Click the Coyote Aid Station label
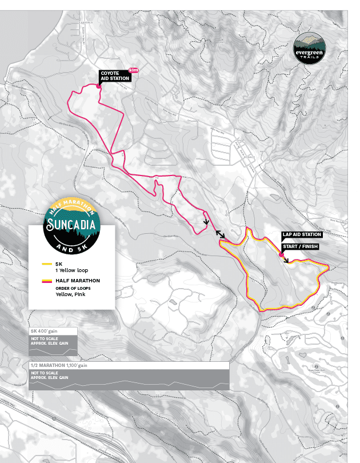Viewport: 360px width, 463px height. click(x=115, y=76)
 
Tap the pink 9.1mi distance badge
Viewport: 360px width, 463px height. click(x=134, y=70)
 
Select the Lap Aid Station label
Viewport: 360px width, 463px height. click(x=302, y=234)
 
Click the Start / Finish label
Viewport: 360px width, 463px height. click(x=301, y=246)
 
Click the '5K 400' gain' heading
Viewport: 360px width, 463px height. click(x=45, y=331)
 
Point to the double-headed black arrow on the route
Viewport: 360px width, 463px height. click(x=220, y=234)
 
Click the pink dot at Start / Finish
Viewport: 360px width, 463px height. click(x=281, y=255)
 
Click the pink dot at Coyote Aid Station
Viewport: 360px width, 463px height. click(x=98, y=86)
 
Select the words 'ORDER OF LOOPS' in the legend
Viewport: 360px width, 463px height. click(x=71, y=288)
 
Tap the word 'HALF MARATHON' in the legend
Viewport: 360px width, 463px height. click(x=78, y=281)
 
